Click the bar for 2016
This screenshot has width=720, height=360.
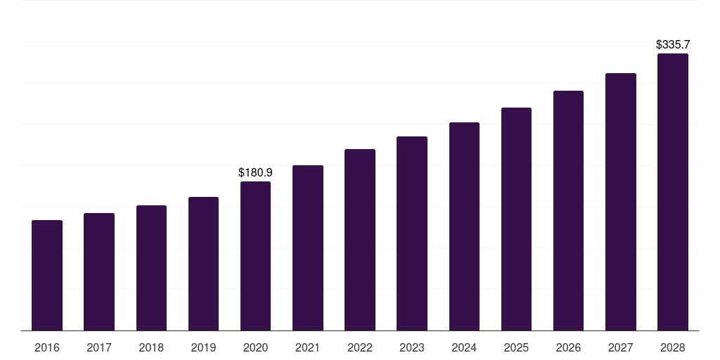[47, 276]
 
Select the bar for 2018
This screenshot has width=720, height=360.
[151, 268]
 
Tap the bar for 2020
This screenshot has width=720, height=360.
[255, 256]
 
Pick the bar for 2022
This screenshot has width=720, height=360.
[360, 240]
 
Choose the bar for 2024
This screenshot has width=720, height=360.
[464, 226]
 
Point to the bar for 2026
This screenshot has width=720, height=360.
[568, 211]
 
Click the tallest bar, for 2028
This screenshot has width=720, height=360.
[672, 192]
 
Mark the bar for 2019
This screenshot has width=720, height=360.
[203, 264]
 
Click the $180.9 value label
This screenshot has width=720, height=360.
[255, 172]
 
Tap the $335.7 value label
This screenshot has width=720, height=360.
[672, 44]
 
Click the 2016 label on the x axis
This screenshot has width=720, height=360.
[47, 347]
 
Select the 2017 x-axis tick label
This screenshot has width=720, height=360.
[99, 347]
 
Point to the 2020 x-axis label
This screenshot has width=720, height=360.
[255, 347]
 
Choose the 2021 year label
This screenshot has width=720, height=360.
[307, 347]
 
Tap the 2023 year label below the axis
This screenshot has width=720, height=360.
[412, 347]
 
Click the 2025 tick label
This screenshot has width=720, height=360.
[516, 347]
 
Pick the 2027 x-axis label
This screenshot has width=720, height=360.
[620, 347]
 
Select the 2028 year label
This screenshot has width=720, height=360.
[672, 347]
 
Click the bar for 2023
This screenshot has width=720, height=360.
[412, 233]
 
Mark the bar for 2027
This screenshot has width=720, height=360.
[620, 202]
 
